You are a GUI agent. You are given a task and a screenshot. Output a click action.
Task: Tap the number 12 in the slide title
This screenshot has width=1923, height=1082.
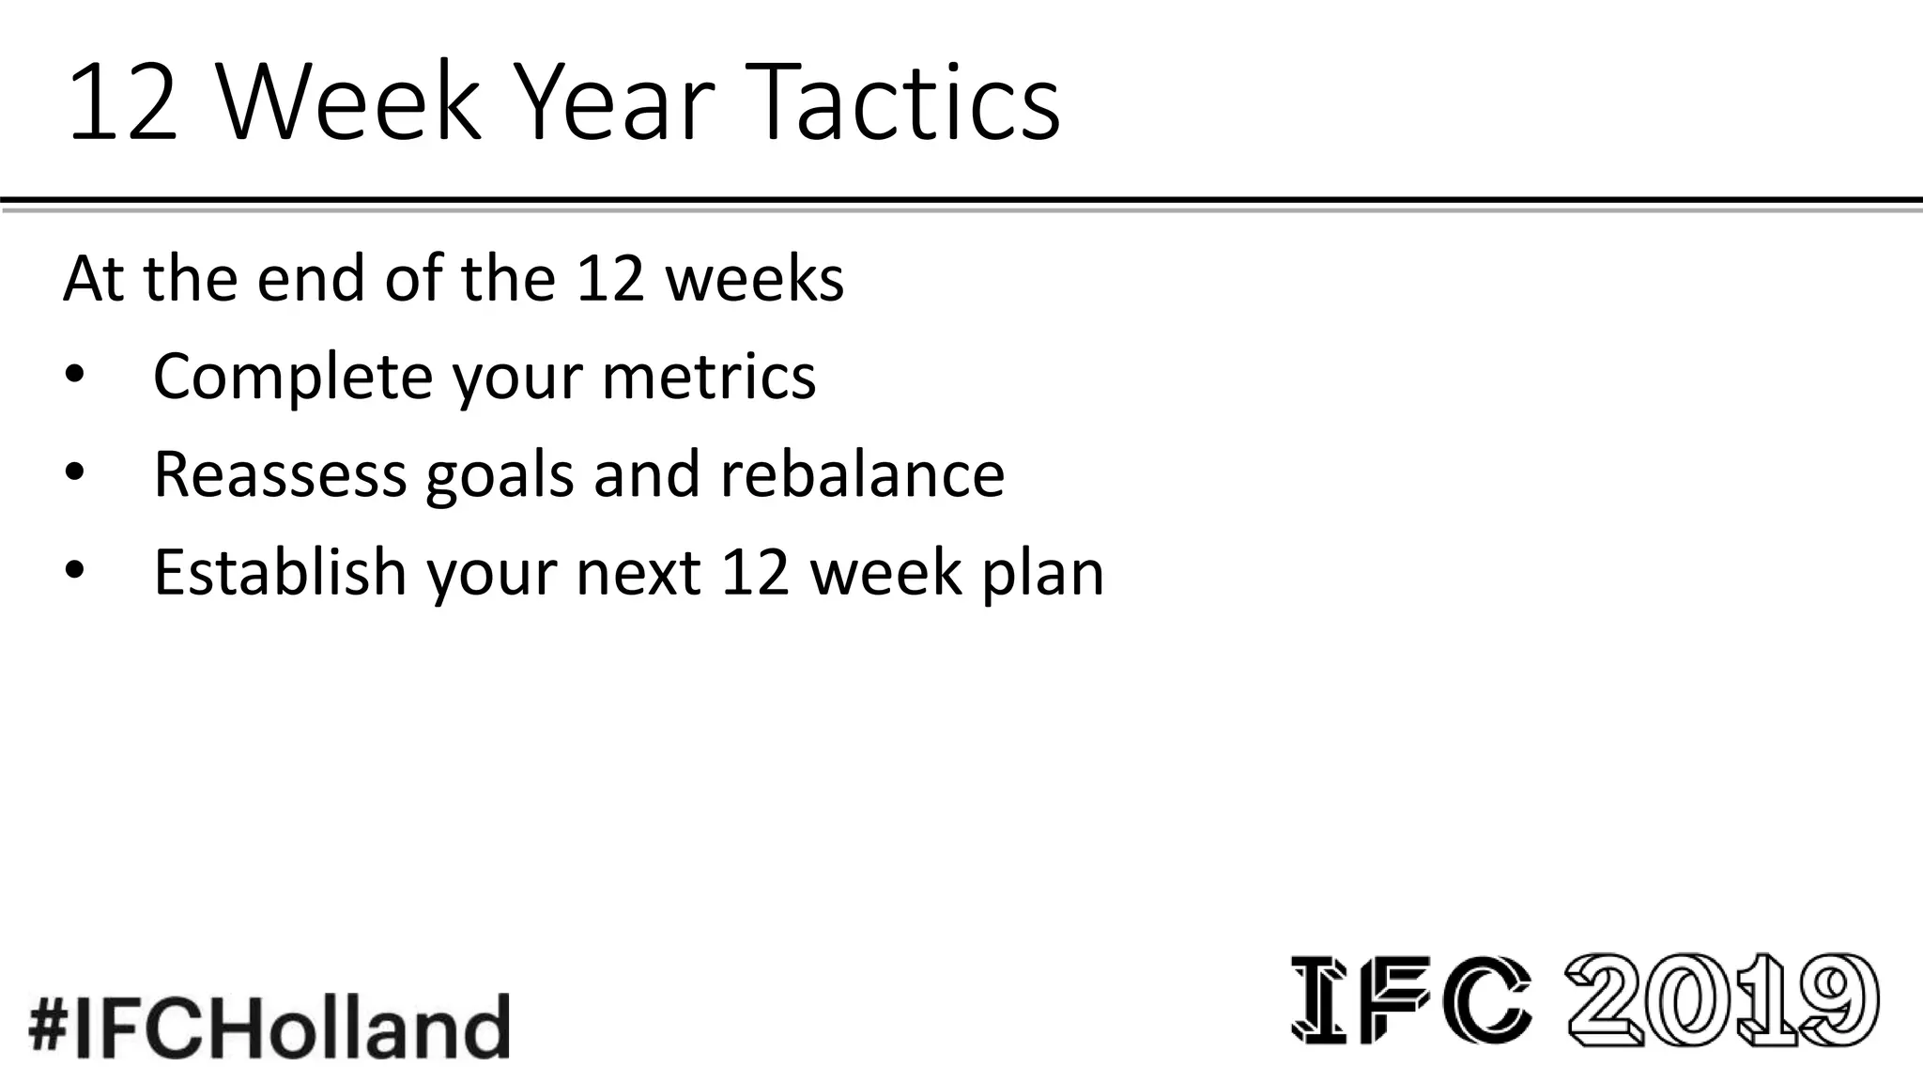point(123,102)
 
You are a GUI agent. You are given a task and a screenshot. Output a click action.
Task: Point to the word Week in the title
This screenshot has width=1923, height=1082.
point(348,102)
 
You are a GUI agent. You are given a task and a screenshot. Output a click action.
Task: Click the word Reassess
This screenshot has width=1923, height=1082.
point(280,474)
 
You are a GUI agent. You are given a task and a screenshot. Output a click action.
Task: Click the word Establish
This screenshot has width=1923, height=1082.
point(280,572)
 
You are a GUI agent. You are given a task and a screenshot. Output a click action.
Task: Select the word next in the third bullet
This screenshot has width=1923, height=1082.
point(638,572)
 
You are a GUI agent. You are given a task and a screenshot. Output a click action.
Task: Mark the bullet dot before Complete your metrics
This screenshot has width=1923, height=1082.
point(75,377)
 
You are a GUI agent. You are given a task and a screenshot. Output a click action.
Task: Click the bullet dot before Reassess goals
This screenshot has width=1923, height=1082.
point(75,474)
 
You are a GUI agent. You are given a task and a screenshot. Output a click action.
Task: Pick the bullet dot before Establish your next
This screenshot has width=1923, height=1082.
point(75,572)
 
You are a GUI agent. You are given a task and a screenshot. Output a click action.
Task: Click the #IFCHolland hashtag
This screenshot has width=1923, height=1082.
point(269,1027)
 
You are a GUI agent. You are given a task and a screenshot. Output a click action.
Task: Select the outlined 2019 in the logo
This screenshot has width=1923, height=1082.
point(1722,999)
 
